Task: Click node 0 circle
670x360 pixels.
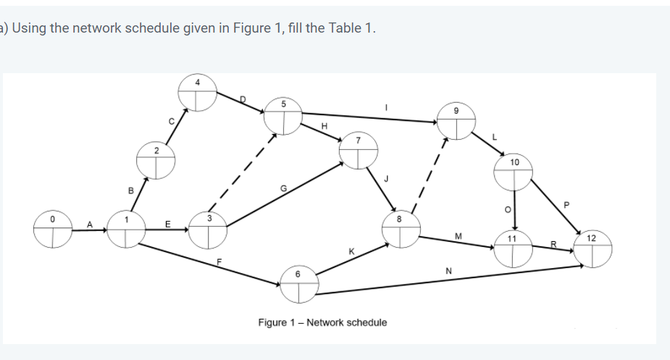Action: coord(53,229)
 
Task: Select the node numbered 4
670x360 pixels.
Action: coord(198,93)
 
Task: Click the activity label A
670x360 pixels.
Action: coord(91,224)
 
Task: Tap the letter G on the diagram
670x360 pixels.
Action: coord(284,189)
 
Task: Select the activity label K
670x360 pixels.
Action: coord(351,251)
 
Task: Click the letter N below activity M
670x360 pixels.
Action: coord(449,271)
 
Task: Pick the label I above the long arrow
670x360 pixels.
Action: coord(386,106)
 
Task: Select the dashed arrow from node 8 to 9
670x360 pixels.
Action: coord(432,174)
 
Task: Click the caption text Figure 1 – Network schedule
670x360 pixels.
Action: coord(322,322)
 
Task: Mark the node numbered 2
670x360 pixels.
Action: coord(156,162)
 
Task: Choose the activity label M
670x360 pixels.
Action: coord(458,235)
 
